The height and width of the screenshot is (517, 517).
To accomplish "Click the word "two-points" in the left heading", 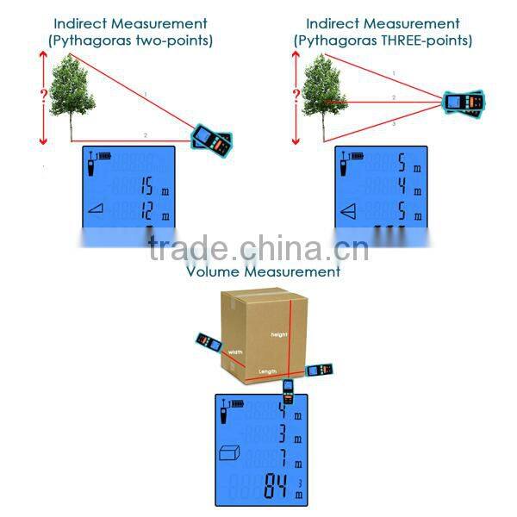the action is tap(176, 40).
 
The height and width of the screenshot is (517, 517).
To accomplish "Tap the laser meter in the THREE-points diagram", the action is tap(462, 103).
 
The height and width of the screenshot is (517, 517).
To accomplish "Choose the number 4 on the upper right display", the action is tap(402, 186).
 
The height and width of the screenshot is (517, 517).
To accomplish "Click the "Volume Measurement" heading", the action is tap(265, 271).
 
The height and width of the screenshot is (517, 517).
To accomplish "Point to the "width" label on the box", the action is tap(235, 352).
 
